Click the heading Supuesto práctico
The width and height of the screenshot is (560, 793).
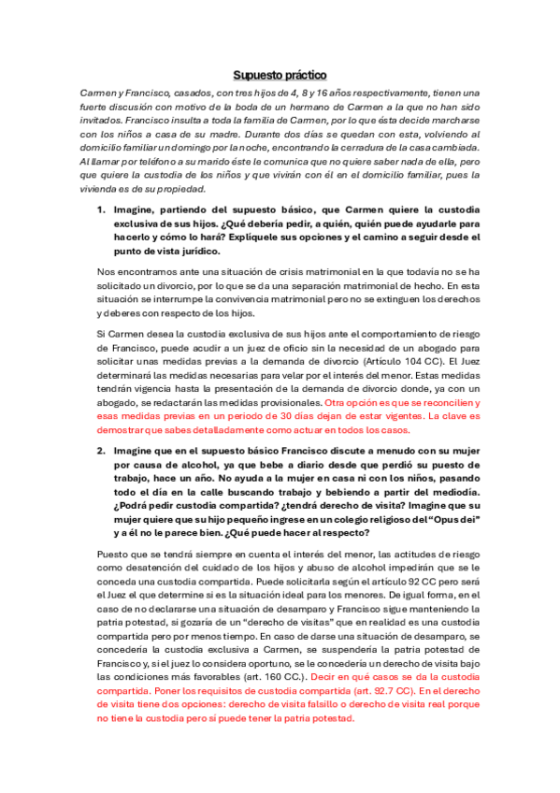(x=280, y=75)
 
